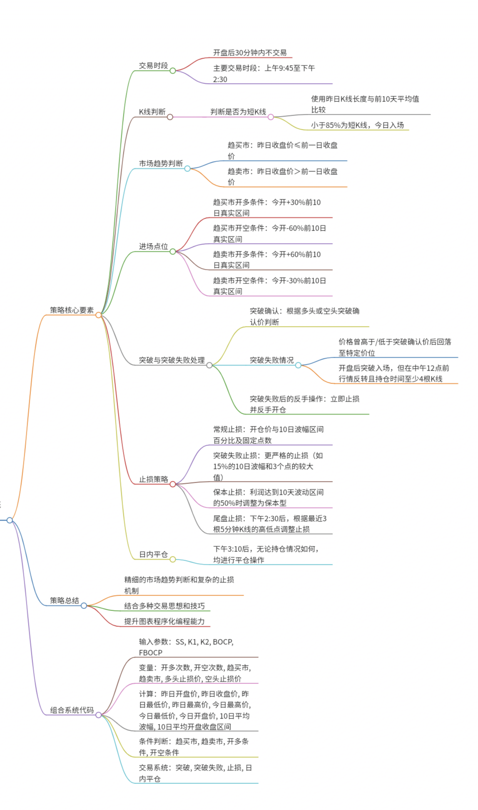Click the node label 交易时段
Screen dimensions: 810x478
(153, 65)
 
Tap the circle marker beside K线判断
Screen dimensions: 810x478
(170, 117)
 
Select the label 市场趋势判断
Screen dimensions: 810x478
(161, 163)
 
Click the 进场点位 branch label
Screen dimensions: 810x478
(153, 246)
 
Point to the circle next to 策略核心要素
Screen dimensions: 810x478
(99, 315)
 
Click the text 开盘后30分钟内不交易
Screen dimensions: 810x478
(250, 52)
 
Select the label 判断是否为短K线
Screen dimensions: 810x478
(238, 112)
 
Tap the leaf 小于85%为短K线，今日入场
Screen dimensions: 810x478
(357, 125)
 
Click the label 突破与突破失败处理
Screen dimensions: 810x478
(172, 360)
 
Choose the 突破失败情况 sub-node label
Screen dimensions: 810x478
(271, 360)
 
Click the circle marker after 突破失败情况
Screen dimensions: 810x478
(298, 365)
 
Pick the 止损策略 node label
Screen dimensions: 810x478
(153, 479)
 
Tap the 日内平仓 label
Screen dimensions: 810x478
(153, 554)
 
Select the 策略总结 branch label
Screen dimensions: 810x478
(65, 600)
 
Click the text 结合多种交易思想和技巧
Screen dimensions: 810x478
(164, 606)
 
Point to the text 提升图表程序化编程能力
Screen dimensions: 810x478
(164, 621)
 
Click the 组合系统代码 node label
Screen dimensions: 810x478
(72, 710)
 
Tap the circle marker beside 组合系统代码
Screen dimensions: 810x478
(99, 715)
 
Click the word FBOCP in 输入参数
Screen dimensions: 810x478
(151, 652)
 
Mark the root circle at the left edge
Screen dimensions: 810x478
(10, 520)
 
